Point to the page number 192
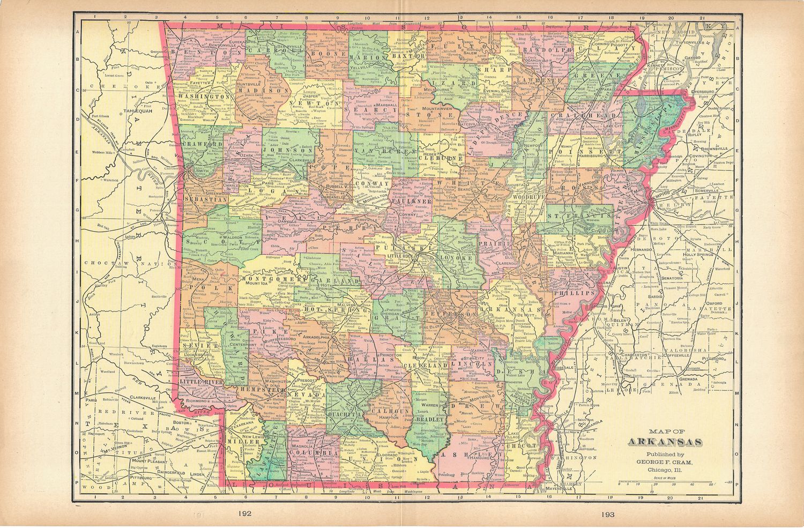246,514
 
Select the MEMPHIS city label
659,195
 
